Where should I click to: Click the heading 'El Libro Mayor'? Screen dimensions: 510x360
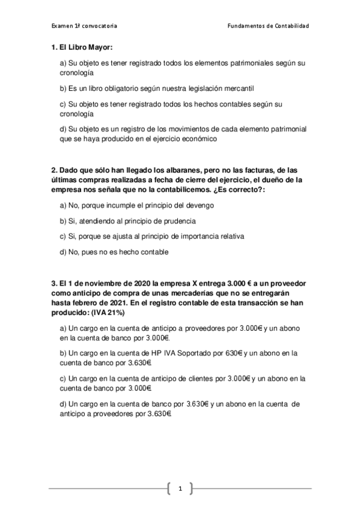(85, 47)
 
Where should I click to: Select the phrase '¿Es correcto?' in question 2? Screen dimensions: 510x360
(242, 189)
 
